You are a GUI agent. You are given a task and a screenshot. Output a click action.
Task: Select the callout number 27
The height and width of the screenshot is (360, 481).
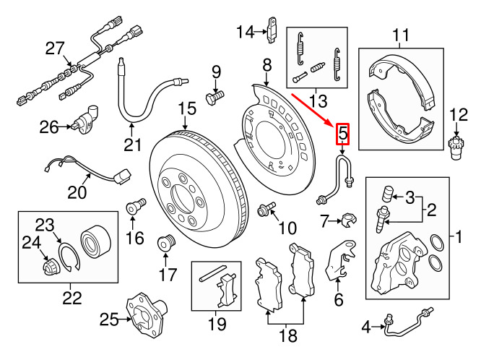coord(56,48)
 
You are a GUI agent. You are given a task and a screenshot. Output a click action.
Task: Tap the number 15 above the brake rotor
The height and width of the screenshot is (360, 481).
coord(187,109)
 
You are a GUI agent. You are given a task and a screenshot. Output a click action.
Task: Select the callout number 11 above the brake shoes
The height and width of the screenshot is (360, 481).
coord(401,34)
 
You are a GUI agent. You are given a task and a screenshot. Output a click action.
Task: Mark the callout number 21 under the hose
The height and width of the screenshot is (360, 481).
coord(131,145)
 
